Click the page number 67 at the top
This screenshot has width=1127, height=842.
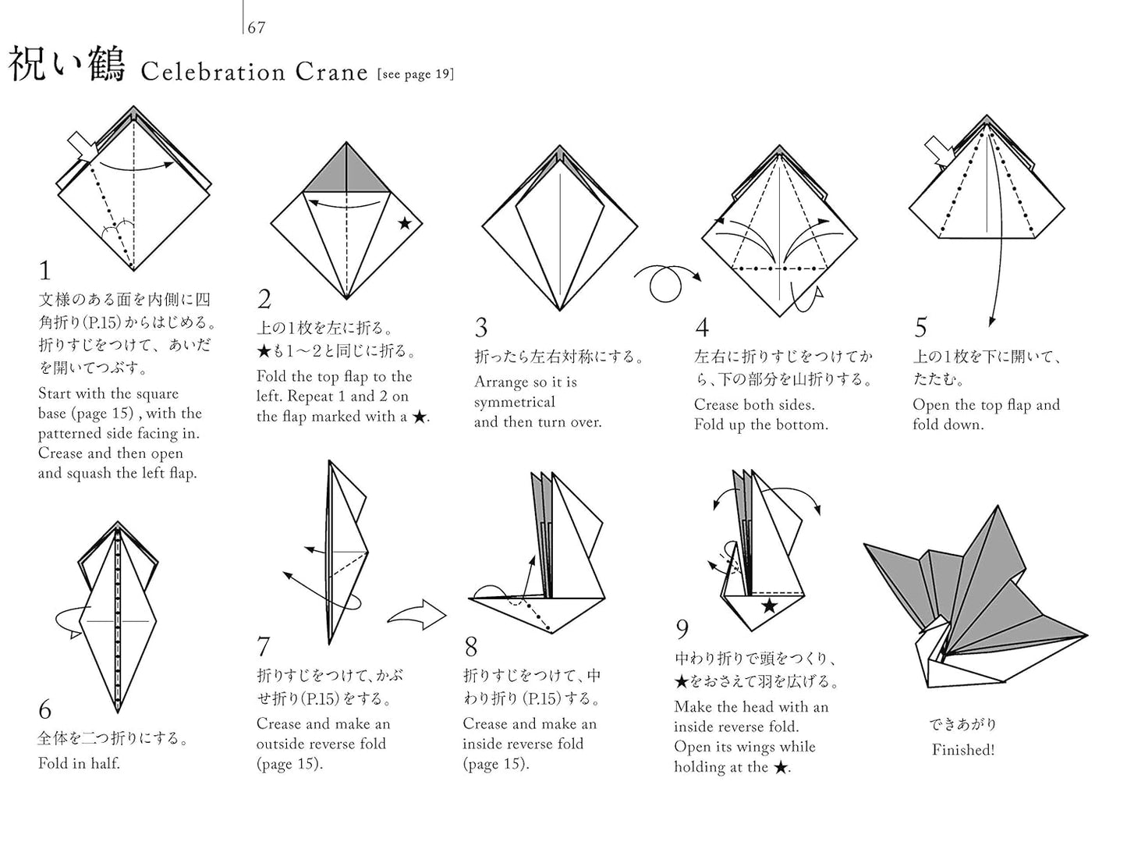[x=257, y=28]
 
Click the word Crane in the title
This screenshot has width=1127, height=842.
[x=331, y=72]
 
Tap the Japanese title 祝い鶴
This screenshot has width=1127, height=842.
[x=67, y=66]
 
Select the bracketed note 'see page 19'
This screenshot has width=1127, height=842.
[x=415, y=74]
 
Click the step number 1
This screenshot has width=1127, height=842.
[x=44, y=272]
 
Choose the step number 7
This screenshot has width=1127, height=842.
[x=264, y=647]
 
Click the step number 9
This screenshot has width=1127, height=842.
[x=682, y=629]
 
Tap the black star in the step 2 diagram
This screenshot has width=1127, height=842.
[x=405, y=224]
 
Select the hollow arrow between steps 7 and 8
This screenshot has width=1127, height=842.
[x=417, y=616]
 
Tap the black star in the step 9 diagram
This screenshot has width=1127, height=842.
[x=769, y=606]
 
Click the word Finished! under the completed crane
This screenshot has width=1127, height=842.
[x=963, y=750]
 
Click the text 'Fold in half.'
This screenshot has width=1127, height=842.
[x=79, y=763]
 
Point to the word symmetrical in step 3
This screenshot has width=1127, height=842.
[x=515, y=402]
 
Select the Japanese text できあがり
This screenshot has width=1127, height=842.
[x=962, y=724]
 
